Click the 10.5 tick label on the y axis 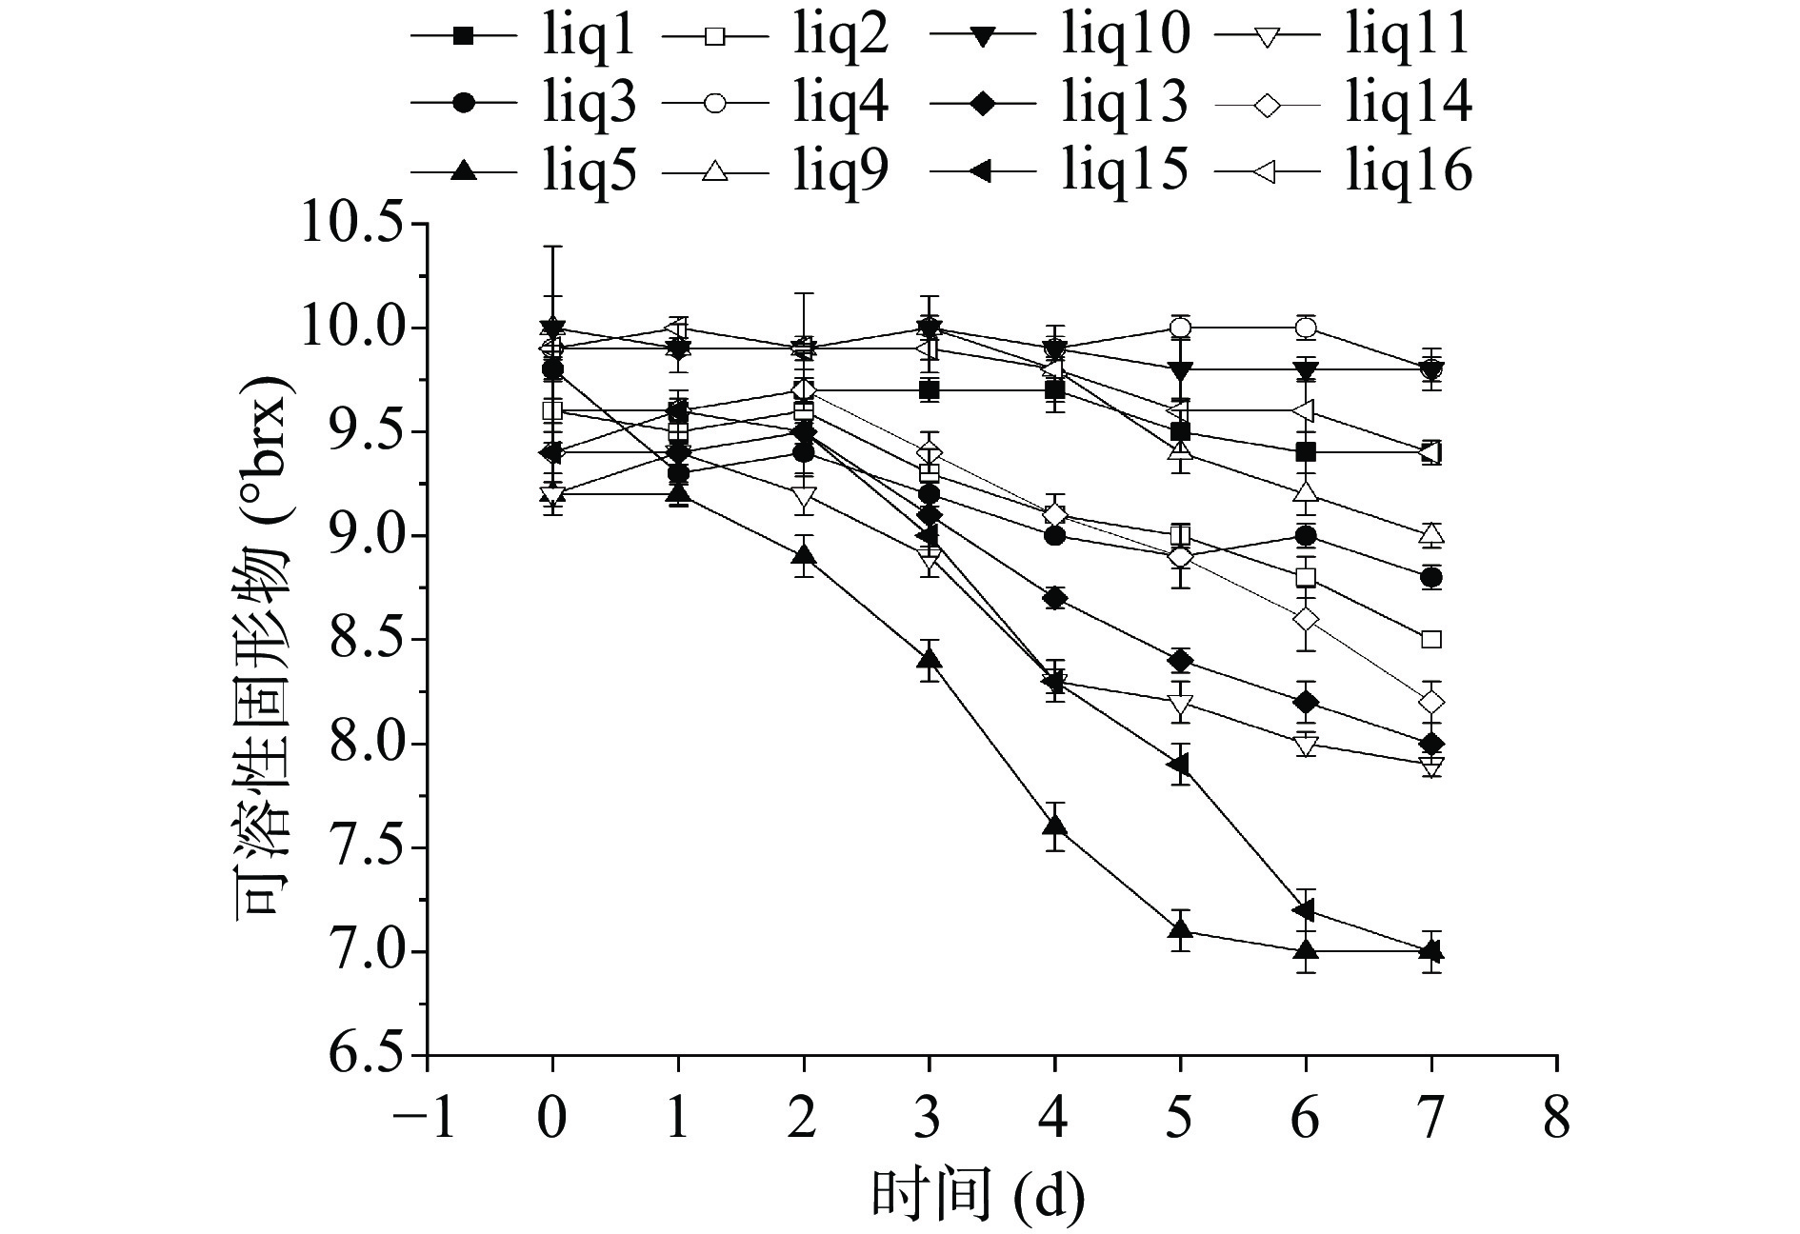pos(351,225)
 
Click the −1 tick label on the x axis pos(426,1119)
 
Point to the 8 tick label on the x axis pos(1556,1119)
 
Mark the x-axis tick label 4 pos(1054,1119)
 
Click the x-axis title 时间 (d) pos(977,1196)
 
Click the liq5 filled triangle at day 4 pos(1054,826)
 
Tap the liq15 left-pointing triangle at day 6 pos(1305,911)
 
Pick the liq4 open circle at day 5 pos(1180,328)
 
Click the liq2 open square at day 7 pos(1430,640)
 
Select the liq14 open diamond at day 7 pos(1430,702)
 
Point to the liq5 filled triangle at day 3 pos(929,659)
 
